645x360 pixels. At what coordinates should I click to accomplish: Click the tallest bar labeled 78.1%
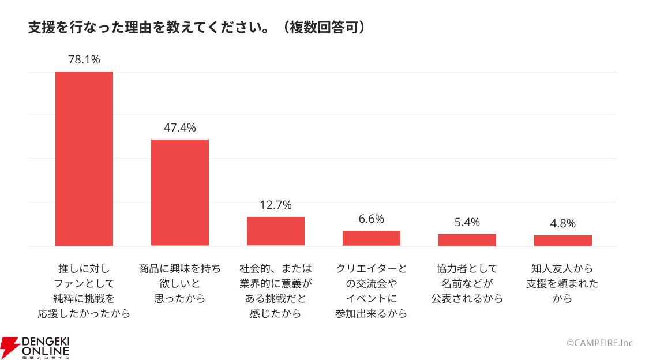84,159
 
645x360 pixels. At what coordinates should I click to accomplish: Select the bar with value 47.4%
180,193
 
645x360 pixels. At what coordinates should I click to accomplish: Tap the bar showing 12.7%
276,231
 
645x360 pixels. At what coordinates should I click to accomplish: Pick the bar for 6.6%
372,238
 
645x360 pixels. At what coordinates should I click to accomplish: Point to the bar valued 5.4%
467,240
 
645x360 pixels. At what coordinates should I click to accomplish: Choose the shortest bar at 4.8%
563,241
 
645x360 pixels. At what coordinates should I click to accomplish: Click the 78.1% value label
84,59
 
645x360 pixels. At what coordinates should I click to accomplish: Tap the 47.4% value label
180,127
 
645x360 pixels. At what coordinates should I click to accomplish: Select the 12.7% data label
276,205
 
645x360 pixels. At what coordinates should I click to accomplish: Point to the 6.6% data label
372,219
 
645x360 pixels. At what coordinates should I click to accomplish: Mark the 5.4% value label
467,222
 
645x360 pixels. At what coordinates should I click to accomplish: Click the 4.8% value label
563,223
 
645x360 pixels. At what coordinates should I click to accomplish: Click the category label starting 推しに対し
84,291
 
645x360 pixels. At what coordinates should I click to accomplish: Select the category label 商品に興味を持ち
180,283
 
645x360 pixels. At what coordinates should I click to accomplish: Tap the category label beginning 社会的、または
276,291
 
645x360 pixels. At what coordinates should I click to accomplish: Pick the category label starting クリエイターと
372,291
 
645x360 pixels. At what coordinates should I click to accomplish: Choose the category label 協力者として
467,283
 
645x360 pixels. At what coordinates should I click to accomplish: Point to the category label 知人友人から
562,283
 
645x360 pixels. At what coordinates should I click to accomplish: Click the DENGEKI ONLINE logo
35,348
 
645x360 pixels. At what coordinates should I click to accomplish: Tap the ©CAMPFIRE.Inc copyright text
600,343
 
